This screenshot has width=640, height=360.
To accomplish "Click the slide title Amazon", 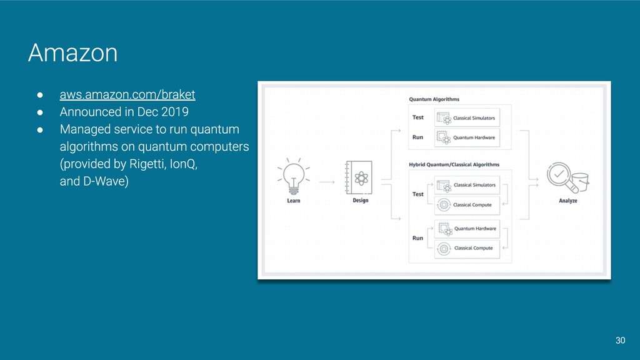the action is coord(72,54).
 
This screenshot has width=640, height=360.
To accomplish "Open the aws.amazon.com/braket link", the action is coord(127,95).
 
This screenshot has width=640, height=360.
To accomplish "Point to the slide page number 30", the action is coord(620,341).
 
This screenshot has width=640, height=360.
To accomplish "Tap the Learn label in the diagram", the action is coord(293,201).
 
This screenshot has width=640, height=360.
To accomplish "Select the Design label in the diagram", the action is coord(360,201).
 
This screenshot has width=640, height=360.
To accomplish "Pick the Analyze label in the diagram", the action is coord(567,201).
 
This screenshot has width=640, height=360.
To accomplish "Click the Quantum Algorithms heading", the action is coord(434,99).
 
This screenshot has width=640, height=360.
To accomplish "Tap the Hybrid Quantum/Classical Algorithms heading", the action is coord(454,165).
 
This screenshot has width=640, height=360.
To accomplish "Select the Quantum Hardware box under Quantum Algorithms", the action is coord(467,137).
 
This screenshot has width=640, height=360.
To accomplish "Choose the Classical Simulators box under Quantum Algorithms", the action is coord(467,117).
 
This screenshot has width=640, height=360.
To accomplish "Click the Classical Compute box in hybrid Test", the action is coord(467,204).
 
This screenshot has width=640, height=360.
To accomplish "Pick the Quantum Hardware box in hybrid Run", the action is coord(467,229).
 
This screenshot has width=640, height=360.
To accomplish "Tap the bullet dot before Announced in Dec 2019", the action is coord(39,112).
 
